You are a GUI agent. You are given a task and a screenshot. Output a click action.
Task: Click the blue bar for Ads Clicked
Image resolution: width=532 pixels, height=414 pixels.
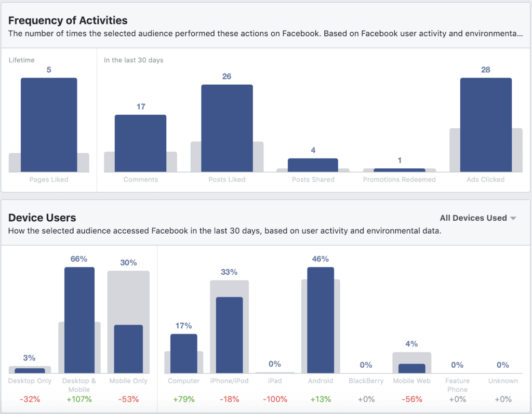click(486, 125)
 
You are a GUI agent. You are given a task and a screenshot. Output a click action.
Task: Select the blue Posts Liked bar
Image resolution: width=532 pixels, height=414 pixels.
click(227, 128)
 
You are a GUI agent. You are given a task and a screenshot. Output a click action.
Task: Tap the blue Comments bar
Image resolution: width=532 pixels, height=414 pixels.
click(140, 143)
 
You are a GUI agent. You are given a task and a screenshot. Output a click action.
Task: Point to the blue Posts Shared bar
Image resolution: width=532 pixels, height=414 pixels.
click(313, 165)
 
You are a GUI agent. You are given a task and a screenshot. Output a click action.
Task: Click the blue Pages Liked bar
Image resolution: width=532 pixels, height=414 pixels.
click(49, 125)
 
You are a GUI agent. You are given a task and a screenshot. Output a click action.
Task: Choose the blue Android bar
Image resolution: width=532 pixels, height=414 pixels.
click(321, 320)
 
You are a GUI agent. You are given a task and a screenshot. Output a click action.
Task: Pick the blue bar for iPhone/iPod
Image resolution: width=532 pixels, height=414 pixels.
click(229, 335)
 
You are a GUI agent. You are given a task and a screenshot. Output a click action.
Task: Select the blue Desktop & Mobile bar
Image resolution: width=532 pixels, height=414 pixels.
click(79, 320)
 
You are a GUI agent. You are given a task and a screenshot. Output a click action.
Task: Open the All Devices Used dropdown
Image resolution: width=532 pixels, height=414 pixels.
click(477, 218)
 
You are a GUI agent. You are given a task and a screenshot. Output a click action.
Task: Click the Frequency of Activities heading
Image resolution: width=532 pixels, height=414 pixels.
click(68, 21)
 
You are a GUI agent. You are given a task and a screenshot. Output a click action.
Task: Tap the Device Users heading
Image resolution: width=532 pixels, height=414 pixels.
click(42, 218)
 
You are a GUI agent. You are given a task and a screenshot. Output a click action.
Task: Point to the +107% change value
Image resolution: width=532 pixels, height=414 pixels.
click(79, 399)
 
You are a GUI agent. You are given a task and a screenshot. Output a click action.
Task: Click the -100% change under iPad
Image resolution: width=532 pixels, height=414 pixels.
click(275, 399)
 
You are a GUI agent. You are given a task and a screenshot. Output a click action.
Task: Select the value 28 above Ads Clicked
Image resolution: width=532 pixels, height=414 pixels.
click(486, 70)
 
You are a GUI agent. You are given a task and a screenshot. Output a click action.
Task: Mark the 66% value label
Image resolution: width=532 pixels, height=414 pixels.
click(79, 259)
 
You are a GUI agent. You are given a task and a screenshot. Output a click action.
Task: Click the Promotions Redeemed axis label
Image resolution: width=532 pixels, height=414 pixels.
click(400, 180)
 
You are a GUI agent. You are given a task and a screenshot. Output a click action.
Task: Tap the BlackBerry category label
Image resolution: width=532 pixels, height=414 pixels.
click(366, 381)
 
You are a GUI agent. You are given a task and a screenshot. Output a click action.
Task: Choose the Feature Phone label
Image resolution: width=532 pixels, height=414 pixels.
click(458, 385)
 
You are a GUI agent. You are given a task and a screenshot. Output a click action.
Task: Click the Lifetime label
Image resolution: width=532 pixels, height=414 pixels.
click(22, 60)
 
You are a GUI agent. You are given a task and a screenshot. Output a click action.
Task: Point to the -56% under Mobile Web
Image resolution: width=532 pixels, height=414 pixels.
click(412, 399)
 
